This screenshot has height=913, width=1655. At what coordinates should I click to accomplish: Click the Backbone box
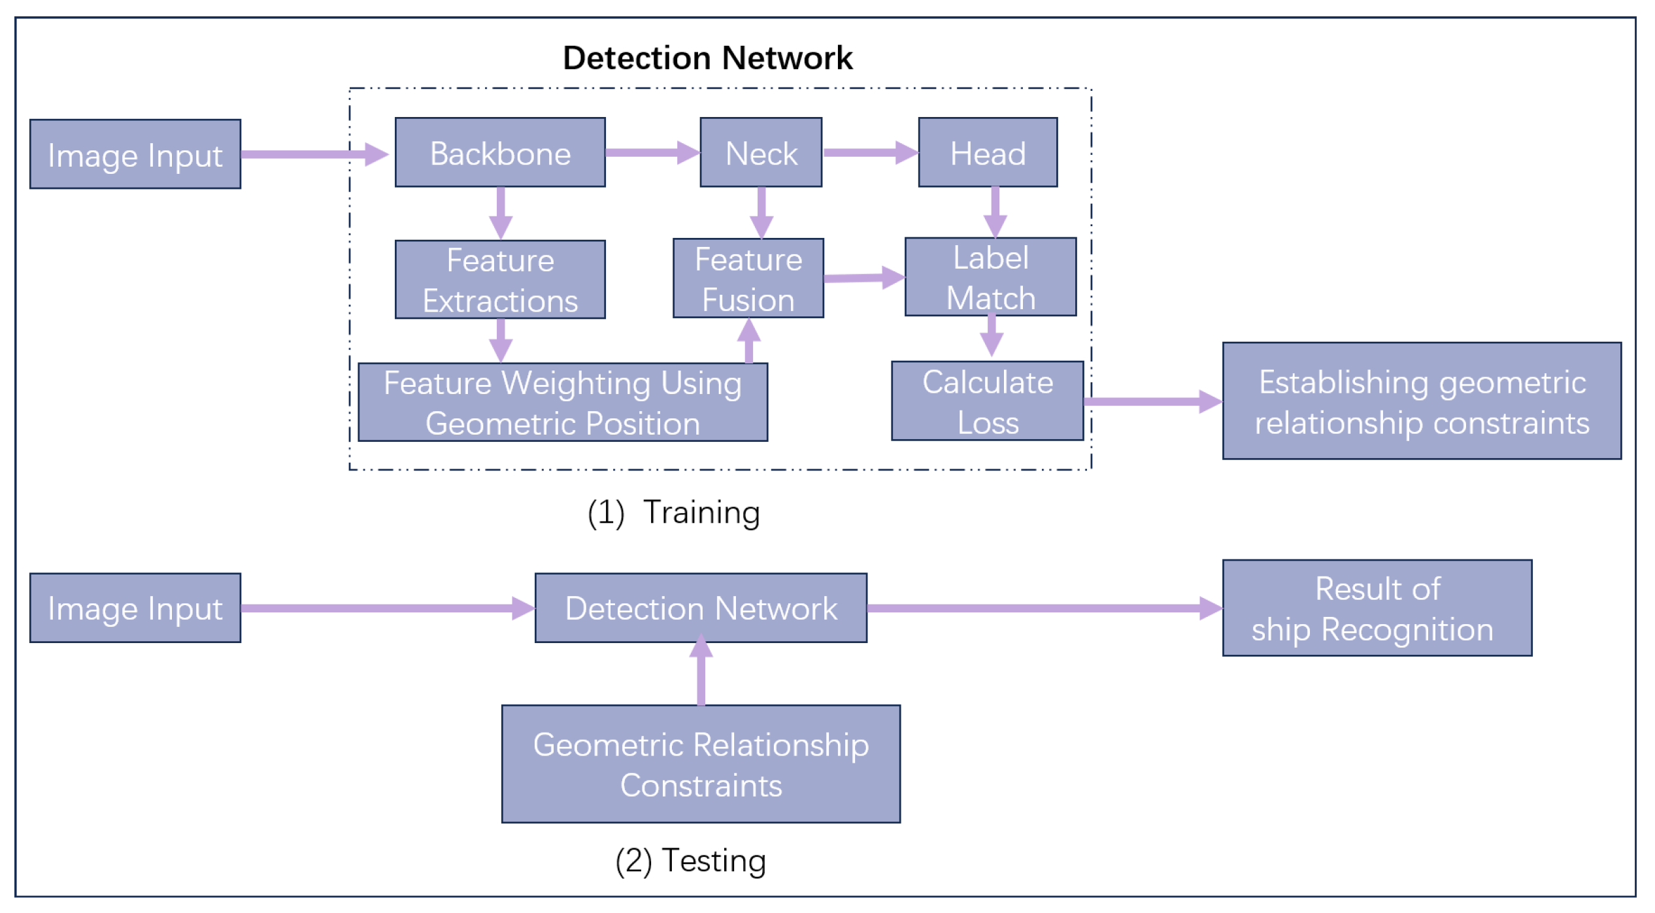[500, 153]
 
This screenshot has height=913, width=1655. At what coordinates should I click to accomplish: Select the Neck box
[761, 153]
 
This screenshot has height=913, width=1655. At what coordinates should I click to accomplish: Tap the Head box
[988, 153]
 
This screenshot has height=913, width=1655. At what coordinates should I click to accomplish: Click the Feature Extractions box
[500, 280]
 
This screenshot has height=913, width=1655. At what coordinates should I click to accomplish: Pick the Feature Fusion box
[748, 279]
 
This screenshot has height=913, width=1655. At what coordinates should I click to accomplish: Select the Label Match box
[990, 277]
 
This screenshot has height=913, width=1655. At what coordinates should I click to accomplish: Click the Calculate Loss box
[987, 401]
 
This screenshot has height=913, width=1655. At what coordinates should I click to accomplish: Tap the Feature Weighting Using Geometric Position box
[562, 403]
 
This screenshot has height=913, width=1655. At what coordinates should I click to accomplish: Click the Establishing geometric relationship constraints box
[1422, 401]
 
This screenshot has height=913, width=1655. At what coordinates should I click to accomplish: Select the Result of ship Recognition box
[1377, 608]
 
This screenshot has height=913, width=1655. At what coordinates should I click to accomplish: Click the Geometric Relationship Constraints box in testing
[701, 764]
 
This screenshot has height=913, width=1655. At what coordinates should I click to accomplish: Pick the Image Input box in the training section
[135, 155]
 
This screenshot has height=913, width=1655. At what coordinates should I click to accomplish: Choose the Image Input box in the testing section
[135, 608]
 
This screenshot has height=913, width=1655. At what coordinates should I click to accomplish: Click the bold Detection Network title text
[707, 58]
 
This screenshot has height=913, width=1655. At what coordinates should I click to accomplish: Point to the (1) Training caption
[673, 512]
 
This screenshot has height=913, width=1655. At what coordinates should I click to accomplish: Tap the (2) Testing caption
[690, 861]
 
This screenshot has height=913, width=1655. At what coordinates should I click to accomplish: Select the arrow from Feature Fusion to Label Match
[863, 278]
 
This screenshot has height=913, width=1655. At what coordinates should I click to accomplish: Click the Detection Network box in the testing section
[701, 608]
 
